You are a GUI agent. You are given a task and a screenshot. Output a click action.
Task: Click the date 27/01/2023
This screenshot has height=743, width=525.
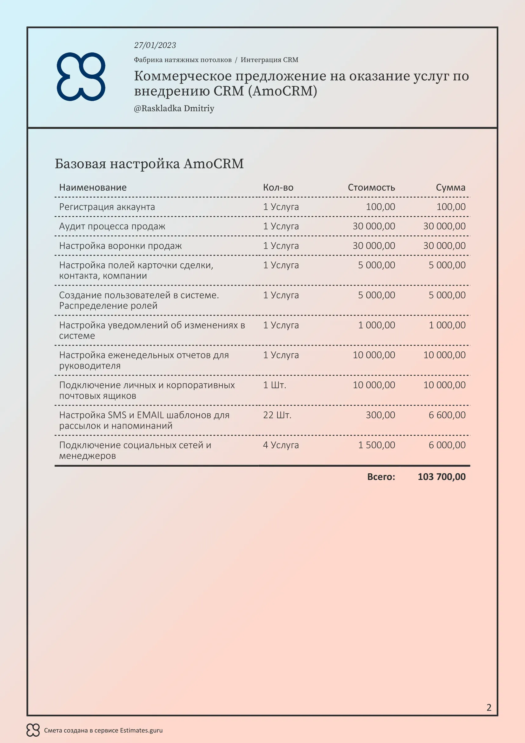pyautogui.click(x=155, y=45)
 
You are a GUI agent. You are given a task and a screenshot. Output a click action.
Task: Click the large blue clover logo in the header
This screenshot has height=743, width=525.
pyautogui.click(x=81, y=76)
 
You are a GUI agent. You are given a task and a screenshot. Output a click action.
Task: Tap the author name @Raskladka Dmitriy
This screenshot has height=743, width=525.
pyautogui.click(x=174, y=108)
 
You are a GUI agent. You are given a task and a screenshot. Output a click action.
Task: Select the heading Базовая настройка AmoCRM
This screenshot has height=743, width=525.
pyautogui.click(x=149, y=164)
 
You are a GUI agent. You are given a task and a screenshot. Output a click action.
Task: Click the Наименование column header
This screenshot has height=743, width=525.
pyautogui.click(x=93, y=187)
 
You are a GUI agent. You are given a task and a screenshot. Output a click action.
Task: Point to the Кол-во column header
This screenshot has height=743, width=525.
pyautogui.click(x=278, y=187)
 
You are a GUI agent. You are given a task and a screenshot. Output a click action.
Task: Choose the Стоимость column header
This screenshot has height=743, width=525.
pyautogui.click(x=371, y=187)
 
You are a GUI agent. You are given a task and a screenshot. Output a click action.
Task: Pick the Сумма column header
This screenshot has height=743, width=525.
pyautogui.click(x=450, y=187)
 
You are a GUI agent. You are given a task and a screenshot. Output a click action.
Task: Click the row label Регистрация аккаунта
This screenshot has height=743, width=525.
pyautogui.click(x=107, y=207)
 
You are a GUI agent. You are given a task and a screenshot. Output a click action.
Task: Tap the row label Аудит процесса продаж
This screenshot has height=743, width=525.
pyautogui.click(x=112, y=226)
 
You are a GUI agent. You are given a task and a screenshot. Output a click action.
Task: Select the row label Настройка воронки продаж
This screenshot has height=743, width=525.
pyautogui.click(x=120, y=246)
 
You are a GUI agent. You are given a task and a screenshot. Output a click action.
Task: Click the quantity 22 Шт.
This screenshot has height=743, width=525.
pyautogui.click(x=277, y=415)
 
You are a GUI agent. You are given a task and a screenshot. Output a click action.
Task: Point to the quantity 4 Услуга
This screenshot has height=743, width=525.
pyautogui.click(x=281, y=445)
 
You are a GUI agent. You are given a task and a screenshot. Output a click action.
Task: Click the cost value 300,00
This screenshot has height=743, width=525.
pyautogui.click(x=380, y=415)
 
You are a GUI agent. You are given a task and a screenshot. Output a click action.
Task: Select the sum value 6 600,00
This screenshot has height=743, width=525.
pyautogui.click(x=447, y=415)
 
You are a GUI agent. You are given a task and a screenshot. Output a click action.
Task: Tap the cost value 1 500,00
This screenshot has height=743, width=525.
pyautogui.click(x=376, y=445)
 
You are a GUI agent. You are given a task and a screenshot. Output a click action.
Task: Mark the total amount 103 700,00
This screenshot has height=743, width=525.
pyautogui.click(x=442, y=477)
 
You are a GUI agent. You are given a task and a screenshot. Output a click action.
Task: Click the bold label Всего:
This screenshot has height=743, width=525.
pyautogui.click(x=381, y=477)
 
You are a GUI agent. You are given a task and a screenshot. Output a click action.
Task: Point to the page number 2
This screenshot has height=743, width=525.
pyautogui.click(x=489, y=707)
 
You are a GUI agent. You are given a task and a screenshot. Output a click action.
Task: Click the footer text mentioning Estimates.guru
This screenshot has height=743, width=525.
pyautogui.click(x=103, y=730)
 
